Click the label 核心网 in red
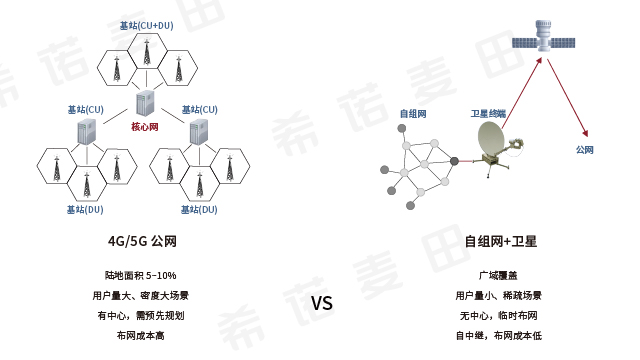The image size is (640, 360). tap(145, 127)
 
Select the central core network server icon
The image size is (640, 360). tap(146, 102)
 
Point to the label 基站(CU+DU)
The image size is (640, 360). tap(147, 25)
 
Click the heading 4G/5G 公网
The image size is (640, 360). tap(141, 241)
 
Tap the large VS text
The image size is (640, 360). tap(321, 303)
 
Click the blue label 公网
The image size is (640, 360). tap(584, 150)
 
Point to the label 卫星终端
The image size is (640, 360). tap(489, 114)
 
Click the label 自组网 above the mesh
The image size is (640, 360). tap(413, 114)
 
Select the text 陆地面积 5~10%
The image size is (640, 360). tap(141, 275)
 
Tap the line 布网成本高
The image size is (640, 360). tap(141, 336)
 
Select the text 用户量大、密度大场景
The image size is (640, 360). tap(141, 296)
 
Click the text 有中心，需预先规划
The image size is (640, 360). tap(141, 316)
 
